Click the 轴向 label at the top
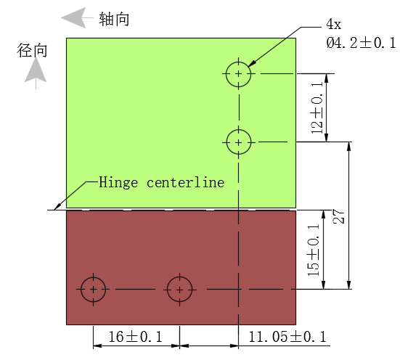(x=114, y=19)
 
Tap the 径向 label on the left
(x=32, y=50)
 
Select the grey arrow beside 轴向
(x=77, y=17)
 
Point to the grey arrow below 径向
(x=36, y=73)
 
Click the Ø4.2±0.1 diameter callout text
(x=361, y=43)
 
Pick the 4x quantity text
(x=333, y=24)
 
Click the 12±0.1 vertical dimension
(x=317, y=107)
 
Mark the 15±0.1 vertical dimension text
(x=314, y=250)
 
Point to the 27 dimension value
(x=339, y=216)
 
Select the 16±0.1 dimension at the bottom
(x=135, y=337)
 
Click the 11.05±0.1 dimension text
(x=287, y=337)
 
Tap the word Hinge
(x=118, y=183)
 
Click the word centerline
(x=185, y=182)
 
